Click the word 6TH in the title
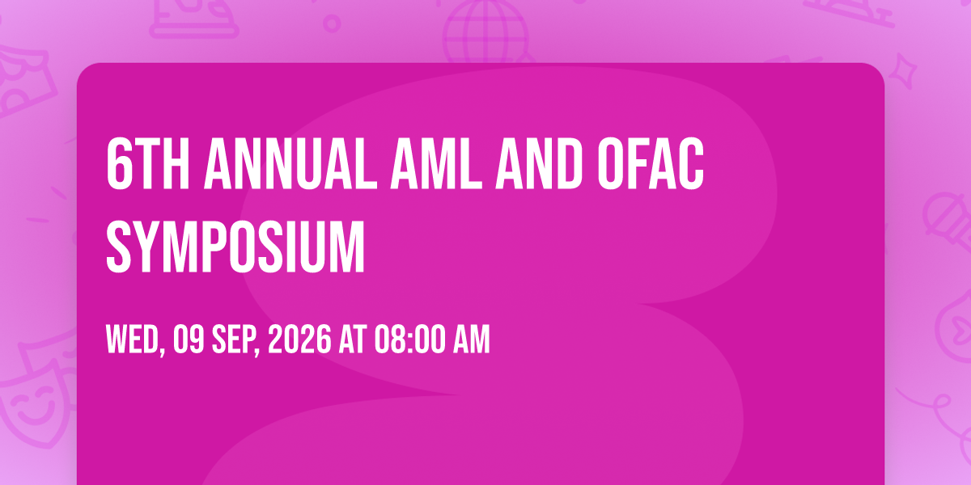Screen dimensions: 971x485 coord(148,163)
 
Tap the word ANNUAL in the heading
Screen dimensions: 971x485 coord(290,163)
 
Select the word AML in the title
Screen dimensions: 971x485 coord(436,163)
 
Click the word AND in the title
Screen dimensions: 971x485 coord(539,163)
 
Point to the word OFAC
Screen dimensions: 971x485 coord(651,163)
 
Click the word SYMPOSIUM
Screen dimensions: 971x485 coord(235,247)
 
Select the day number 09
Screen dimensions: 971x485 coord(189,339)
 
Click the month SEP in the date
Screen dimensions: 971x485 coord(235,339)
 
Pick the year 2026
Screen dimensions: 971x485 coord(299,339)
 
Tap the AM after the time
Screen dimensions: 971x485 coord(472,339)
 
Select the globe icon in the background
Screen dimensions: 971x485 coord(485,31)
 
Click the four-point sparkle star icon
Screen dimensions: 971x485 coord(903,70)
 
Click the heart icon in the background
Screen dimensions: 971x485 coord(961,330)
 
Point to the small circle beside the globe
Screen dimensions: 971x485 coord(332,23)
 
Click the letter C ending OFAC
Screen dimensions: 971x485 coord(689,163)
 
